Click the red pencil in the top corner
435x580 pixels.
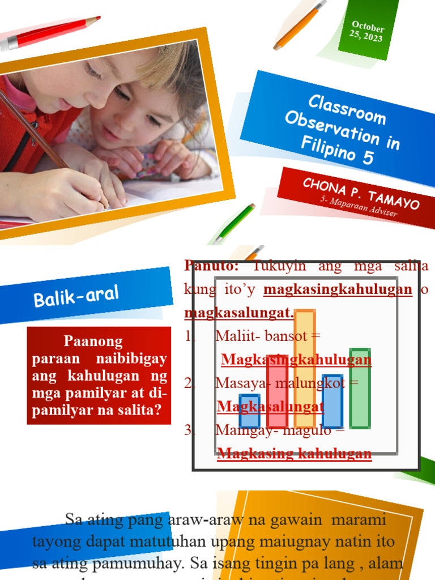(51, 33)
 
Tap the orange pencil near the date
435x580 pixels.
(300, 25)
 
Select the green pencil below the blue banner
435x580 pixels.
(234, 223)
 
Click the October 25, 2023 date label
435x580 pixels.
(367, 32)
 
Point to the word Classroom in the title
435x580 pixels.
(347, 109)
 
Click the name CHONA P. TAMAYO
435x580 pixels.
(361, 193)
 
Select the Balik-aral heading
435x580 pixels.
(76, 296)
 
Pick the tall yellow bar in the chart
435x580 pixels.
(305, 368)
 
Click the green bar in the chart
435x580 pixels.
(360, 388)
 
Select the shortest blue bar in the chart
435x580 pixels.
(249, 411)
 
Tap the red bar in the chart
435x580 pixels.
(277, 391)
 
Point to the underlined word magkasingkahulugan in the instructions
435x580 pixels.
(338, 289)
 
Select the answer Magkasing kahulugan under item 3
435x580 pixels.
(294, 453)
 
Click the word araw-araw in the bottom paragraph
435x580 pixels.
(201, 519)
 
